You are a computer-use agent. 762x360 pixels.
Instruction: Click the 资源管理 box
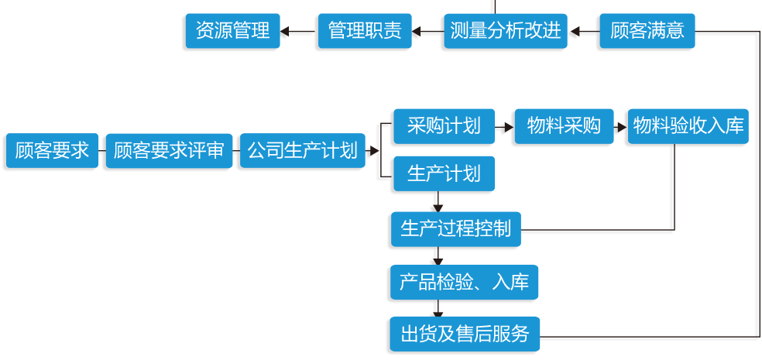(232, 32)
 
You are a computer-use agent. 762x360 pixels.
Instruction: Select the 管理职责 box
(364, 32)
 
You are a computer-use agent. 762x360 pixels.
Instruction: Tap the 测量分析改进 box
(506, 32)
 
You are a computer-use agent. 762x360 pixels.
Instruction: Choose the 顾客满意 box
(647, 32)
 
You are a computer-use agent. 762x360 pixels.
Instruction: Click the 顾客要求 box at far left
(52, 151)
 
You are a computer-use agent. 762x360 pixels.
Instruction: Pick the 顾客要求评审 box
(169, 151)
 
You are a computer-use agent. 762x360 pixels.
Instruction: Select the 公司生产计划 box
(301, 151)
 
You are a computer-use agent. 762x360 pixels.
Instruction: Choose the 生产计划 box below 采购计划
(444, 173)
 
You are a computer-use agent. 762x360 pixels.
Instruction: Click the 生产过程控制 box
(455, 229)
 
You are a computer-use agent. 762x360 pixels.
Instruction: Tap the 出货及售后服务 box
(464, 334)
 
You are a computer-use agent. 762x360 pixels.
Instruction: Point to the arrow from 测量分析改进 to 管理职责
(427, 32)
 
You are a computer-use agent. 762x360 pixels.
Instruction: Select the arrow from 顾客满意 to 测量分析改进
(584, 32)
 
